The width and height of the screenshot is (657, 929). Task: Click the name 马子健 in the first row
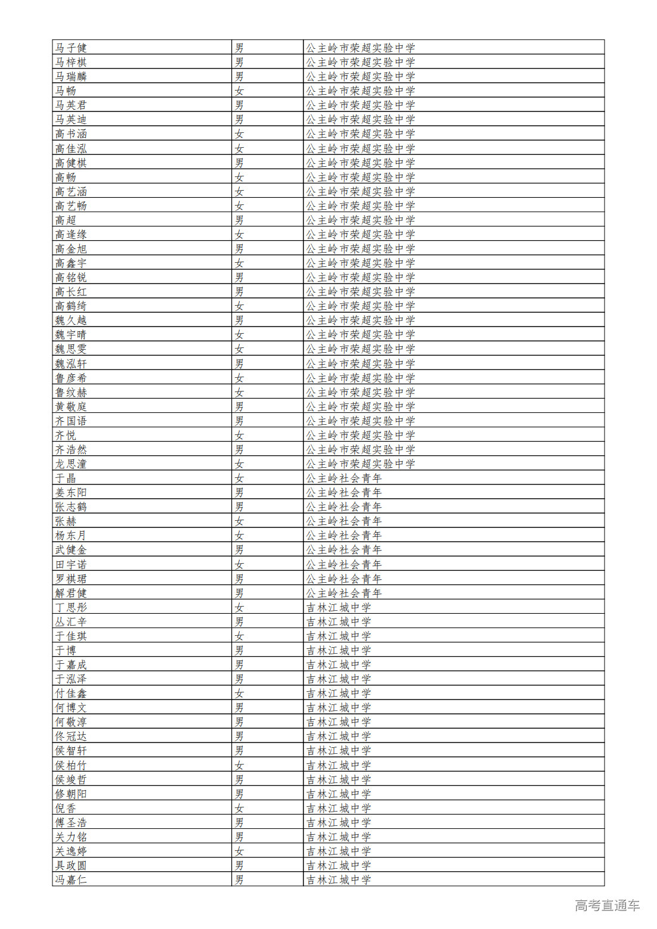pyautogui.click(x=71, y=48)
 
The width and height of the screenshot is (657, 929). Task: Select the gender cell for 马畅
pyautogui.click(x=239, y=91)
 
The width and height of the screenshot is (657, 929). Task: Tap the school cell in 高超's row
pyautogui.click(x=360, y=220)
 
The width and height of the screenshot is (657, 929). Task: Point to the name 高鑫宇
pyautogui.click(x=71, y=263)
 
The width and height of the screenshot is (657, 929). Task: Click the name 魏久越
pyautogui.click(x=71, y=320)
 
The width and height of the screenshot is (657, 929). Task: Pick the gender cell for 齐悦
pyautogui.click(x=239, y=435)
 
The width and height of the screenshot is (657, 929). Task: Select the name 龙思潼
pyautogui.click(x=71, y=464)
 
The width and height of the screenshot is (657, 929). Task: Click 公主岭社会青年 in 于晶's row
pyautogui.click(x=343, y=478)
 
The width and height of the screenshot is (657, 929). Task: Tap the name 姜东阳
pyautogui.click(x=71, y=492)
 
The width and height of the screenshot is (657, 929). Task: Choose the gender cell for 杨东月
pyautogui.click(x=239, y=535)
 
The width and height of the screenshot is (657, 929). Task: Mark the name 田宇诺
pyautogui.click(x=71, y=564)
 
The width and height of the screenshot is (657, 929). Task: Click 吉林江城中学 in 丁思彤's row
pyautogui.click(x=338, y=607)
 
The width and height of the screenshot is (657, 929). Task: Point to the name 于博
pyautogui.click(x=66, y=650)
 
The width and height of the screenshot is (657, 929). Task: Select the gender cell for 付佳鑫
pyautogui.click(x=239, y=693)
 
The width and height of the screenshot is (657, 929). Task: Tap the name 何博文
pyautogui.click(x=71, y=707)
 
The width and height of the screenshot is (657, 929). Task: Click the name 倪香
pyautogui.click(x=66, y=808)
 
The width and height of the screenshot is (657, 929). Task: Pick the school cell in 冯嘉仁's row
pyautogui.click(x=338, y=880)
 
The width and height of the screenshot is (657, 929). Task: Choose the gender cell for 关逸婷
pyautogui.click(x=239, y=851)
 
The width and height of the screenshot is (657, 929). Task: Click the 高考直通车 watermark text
pyautogui.click(x=607, y=905)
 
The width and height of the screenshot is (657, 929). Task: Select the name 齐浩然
pyautogui.click(x=71, y=449)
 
